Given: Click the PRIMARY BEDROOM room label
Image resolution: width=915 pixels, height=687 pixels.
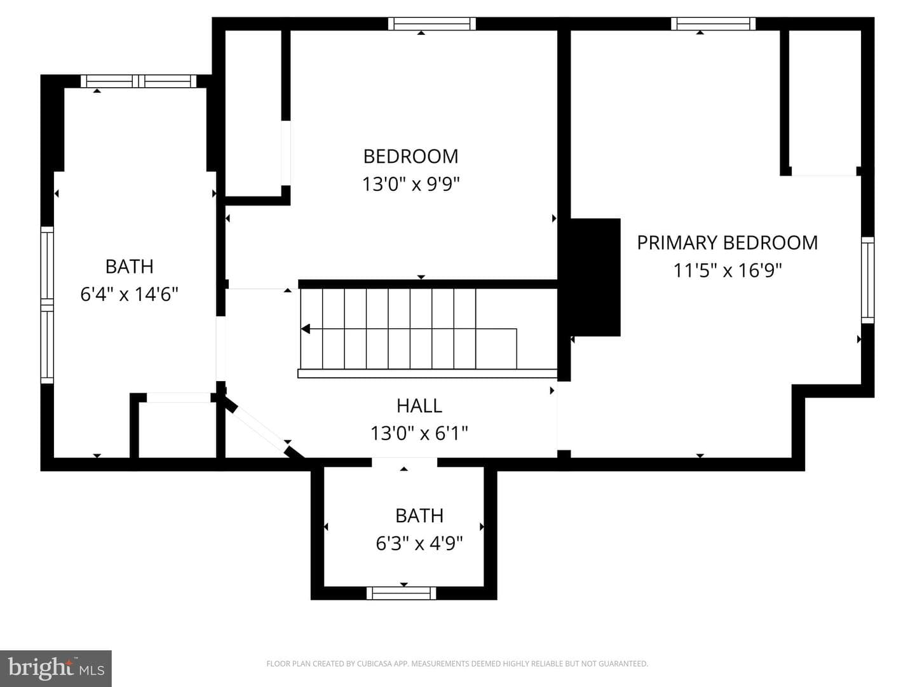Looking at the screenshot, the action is click(x=727, y=243).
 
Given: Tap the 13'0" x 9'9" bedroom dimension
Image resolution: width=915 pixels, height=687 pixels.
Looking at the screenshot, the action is click(x=410, y=184).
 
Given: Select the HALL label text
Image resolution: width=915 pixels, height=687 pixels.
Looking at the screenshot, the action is click(x=419, y=406).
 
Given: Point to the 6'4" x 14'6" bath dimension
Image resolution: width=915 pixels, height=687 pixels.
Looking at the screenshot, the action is click(x=129, y=295).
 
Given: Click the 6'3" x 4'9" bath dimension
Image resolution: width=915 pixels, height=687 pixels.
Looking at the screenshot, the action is click(x=419, y=543).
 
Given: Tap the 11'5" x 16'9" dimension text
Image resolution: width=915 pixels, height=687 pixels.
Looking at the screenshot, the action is click(x=728, y=270).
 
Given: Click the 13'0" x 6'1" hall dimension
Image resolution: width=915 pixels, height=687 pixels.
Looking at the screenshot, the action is click(x=419, y=433).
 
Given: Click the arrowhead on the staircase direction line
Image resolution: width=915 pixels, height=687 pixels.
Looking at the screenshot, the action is click(x=306, y=329).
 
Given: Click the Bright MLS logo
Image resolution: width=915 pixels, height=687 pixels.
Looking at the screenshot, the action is click(x=56, y=668).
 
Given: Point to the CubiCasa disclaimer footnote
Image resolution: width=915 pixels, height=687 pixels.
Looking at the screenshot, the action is click(x=457, y=663).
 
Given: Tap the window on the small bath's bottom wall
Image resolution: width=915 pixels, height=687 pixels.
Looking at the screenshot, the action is click(x=402, y=593).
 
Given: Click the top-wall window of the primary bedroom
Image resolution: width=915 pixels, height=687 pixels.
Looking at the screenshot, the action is click(x=713, y=24).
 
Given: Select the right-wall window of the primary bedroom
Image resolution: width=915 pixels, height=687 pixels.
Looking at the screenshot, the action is click(x=868, y=280).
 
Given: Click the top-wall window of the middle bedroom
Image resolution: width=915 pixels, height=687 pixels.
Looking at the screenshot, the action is click(x=432, y=24).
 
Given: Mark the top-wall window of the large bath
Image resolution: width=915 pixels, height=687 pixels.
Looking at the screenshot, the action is click(x=139, y=81).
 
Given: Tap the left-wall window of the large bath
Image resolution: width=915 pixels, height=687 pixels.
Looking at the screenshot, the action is click(x=47, y=305).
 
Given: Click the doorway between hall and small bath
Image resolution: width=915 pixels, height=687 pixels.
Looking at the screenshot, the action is click(x=404, y=462).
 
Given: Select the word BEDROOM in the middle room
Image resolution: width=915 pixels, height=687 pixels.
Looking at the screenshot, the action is click(x=410, y=157).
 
